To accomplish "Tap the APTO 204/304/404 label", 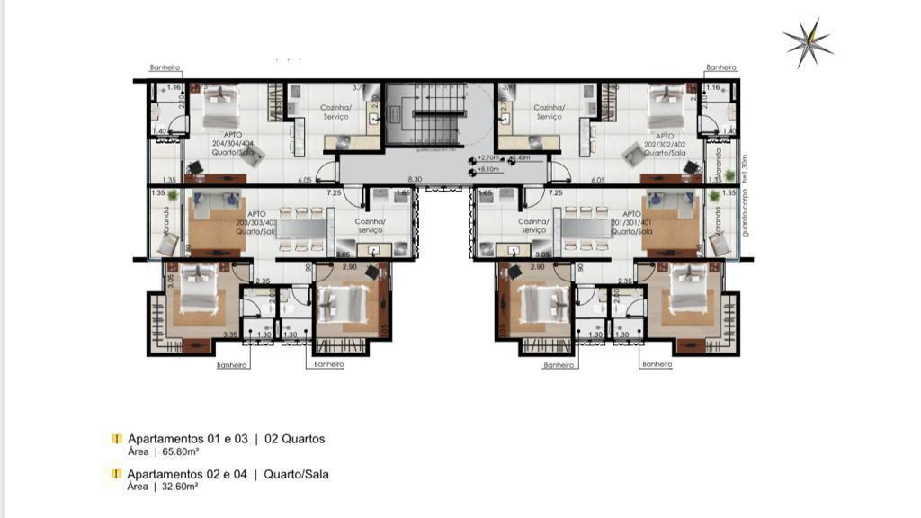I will click(232, 143).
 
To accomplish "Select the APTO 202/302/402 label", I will click(666, 143).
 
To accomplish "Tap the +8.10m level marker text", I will click(489, 169).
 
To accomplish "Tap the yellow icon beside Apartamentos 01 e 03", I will click(116, 439).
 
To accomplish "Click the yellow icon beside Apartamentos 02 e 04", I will click(116, 473).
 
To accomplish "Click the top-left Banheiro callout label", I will click(165, 67).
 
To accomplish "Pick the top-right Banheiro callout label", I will click(721, 67).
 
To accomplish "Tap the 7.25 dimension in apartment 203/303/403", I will click(334, 192).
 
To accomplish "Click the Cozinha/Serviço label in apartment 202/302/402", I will click(549, 112).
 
